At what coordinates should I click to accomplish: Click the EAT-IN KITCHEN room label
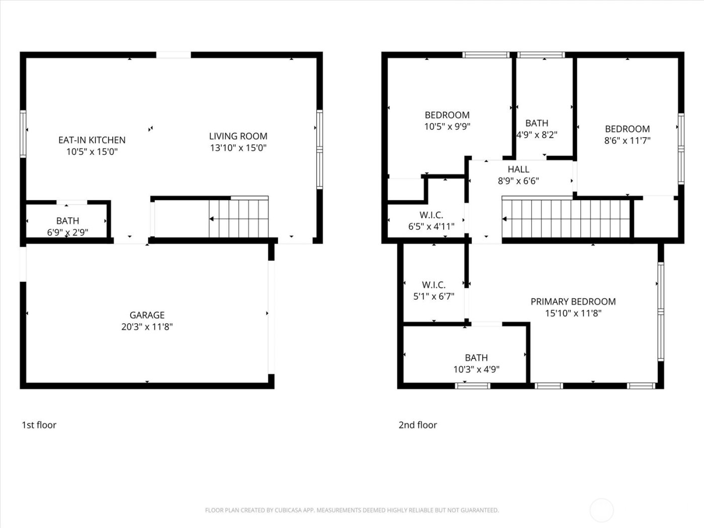[92, 140]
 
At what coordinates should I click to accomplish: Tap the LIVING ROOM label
[238, 136]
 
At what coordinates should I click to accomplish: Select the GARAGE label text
[147, 315]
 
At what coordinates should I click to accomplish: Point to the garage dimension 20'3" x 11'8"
[147, 327]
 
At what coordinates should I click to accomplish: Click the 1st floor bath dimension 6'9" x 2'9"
[67, 232]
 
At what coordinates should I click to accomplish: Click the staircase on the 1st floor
[238, 218]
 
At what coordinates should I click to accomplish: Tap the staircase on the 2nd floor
[566, 219]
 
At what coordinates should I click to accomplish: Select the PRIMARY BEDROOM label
[573, 301]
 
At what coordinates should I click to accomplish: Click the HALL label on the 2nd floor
[518, 169]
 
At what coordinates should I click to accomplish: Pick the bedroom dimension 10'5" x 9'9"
[447, 127]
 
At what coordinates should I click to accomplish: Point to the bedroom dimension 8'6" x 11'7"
[627, 141]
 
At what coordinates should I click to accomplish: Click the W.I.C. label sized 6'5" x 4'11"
[431, 215]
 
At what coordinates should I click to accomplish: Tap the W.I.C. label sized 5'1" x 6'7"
[433, 285]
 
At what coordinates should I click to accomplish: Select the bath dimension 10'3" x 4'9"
[476, 370]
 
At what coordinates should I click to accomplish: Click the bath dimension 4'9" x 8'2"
[537, 135]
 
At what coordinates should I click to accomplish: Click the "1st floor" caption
[39, 425]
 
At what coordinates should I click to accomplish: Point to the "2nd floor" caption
[417, 425]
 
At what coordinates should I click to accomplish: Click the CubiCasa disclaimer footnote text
[351, 510]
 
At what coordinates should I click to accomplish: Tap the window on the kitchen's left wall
[23, 134]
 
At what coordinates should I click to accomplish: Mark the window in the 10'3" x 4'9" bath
[472, 386]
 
